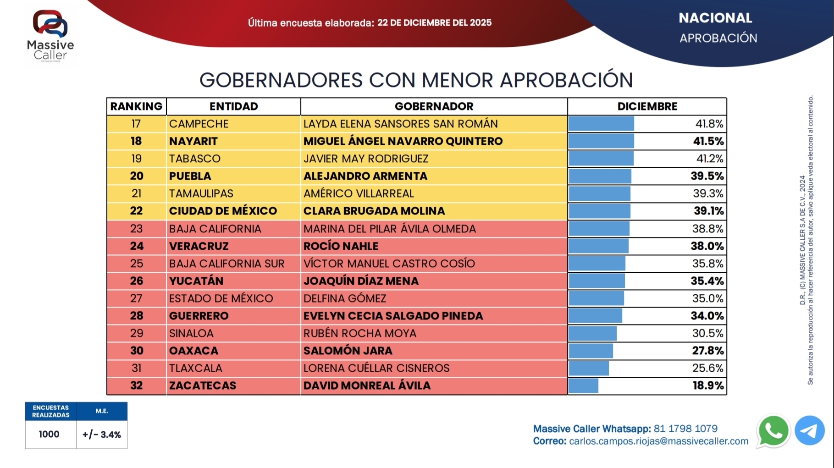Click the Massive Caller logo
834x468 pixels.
point(50,35)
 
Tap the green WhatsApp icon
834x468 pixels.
point(773,430)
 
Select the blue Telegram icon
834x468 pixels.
point(809,430)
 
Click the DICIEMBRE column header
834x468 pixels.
point(647,106)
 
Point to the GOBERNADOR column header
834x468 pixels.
point(434,106)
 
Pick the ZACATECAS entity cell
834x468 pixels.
point(203,385)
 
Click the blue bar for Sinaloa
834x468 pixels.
point(592,333)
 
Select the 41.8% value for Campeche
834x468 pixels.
point(709,124)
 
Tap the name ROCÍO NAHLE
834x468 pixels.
point(341,246)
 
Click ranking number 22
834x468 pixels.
point(136,211)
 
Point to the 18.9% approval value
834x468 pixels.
point(708,385)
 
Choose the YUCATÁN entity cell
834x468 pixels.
point(196,281)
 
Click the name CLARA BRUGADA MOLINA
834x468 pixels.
point(374,211)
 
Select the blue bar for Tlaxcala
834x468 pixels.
point(589,368)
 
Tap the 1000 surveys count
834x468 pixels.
point(49,434)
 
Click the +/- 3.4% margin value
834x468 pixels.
point(102,435)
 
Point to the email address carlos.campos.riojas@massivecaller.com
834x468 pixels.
point(658,441)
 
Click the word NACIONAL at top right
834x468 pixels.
point(715,18)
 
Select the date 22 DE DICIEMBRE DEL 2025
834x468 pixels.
point(434,22)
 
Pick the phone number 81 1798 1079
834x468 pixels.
point(685,429)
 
